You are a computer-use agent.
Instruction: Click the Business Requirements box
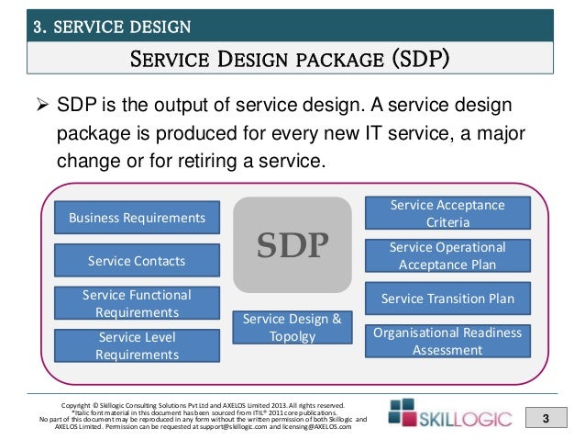[137, 218]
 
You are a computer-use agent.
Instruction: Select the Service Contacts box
[137, 261]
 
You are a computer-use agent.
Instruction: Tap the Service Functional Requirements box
[137, 303]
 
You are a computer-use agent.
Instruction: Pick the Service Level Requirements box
[137, 345]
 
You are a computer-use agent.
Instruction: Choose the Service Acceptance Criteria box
[447, 213]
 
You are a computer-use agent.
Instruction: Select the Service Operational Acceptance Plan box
[447, 256]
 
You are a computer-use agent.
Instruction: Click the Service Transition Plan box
[447, 299]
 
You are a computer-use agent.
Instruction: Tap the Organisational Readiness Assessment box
[447, 341]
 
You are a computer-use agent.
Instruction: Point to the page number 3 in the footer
[545, 420]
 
